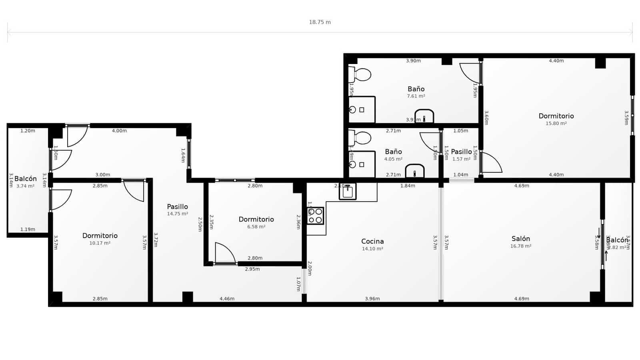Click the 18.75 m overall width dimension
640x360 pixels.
pos(320,22)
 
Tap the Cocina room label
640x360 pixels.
pos(372,241)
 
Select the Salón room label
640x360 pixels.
pos(520,239)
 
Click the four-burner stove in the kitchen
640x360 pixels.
pos(315,216)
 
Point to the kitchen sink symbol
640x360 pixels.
pos(348,192)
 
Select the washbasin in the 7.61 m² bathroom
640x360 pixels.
pos(424,116)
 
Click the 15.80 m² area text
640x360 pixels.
pos(556,124)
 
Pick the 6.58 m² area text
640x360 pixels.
pos(256,227)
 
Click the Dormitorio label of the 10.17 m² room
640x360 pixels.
pos(100,236)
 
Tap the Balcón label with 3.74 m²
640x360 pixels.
pos(26,179)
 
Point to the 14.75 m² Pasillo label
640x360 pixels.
pos(177,207)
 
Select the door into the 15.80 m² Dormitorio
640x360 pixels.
pos(491,163)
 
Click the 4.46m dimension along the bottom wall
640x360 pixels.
pos(227,299)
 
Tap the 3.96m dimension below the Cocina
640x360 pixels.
pos(372,299)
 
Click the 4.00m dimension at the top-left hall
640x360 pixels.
pos(119,131)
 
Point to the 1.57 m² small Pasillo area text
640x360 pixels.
pos(461,159)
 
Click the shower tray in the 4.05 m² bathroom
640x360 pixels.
pos(362,164)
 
